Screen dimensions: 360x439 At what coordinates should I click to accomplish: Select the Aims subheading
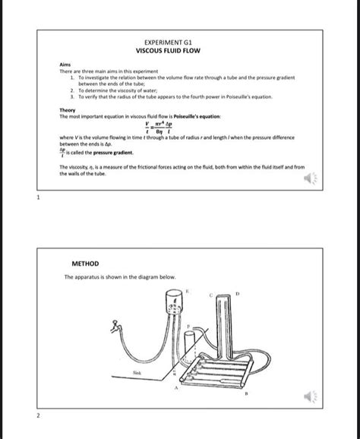[x=65, y=65]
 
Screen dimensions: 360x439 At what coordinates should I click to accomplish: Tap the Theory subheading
[x=67, y=110]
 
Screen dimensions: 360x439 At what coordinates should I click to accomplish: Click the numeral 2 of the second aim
[x=71, y=90]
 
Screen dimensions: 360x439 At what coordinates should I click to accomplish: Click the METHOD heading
[x=85, y=264]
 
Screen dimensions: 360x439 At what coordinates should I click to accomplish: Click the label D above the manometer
[x=236, y=292]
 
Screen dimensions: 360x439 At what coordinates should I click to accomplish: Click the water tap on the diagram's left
[x=113, y=328]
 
